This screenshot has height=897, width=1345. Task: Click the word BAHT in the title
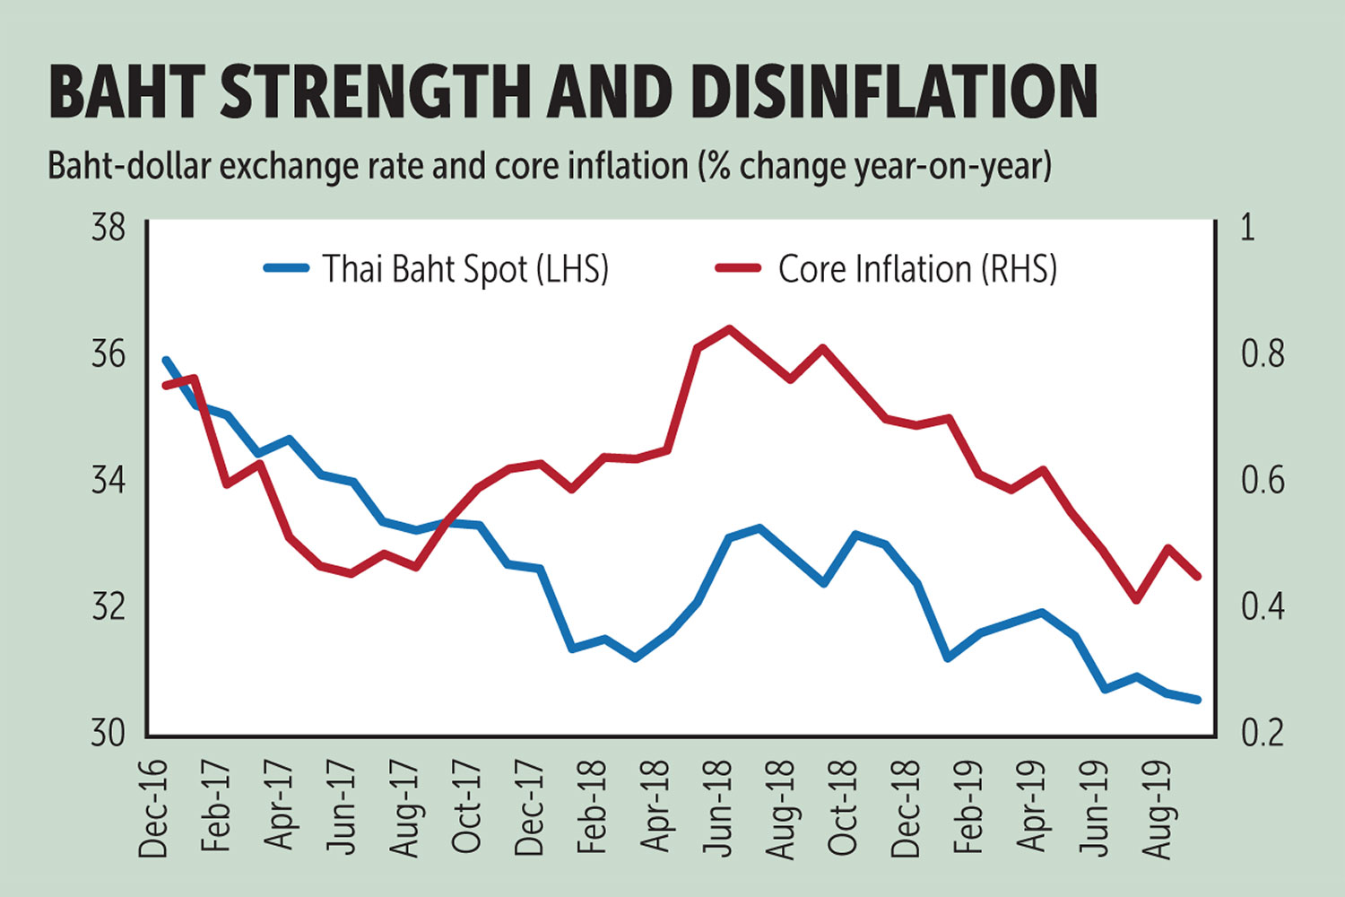point(126,91)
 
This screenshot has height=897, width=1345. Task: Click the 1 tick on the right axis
point(1247,228)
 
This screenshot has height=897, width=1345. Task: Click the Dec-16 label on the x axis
point(154,807)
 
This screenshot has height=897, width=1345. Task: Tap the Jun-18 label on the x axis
point(719,807)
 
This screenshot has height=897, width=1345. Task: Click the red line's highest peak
point(729,328)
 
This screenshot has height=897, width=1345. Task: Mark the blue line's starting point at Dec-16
point(166,361)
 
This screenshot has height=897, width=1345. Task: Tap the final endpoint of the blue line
point(1197,700)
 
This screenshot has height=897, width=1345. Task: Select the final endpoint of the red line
point(1197,577)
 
